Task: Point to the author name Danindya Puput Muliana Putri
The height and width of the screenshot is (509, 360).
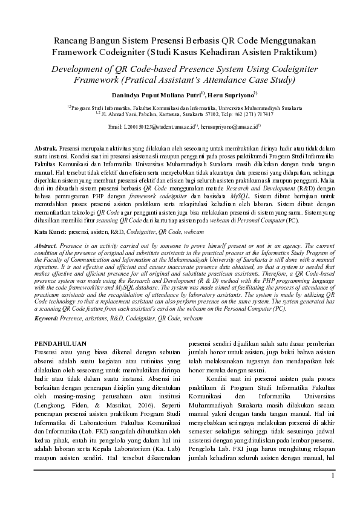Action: tap(157, 94)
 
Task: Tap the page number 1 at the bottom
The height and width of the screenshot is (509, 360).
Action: tap(332, 477)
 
